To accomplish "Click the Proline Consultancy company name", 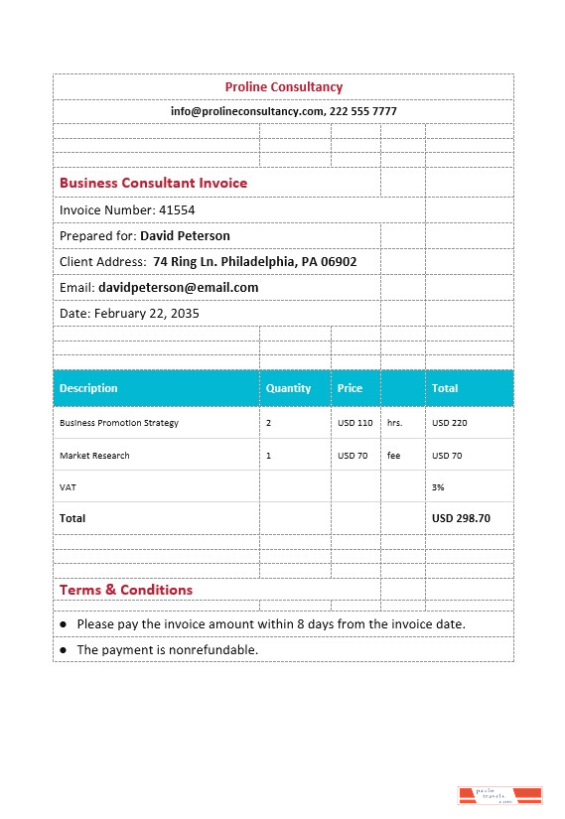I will [283, 87].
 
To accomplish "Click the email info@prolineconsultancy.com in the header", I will [247, 112].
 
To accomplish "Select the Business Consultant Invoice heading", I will [153, 184].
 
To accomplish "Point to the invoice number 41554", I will [177, 210].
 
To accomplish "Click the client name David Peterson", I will [185, 236].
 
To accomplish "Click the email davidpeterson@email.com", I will [178, 288].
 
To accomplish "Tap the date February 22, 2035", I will [146, 314].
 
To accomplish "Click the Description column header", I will [88, 389].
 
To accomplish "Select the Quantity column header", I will [288, 389].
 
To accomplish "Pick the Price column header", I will [350, 389].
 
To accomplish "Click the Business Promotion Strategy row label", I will [119, 423].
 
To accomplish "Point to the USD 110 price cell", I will [354, 423].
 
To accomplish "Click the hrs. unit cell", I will [394, 423].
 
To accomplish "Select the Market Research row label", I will [94, 456].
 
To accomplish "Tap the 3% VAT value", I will [438, 487].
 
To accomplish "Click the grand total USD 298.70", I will [461, 518].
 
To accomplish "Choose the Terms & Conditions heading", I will [126, 590].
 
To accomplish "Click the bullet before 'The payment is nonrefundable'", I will [64, 649].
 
